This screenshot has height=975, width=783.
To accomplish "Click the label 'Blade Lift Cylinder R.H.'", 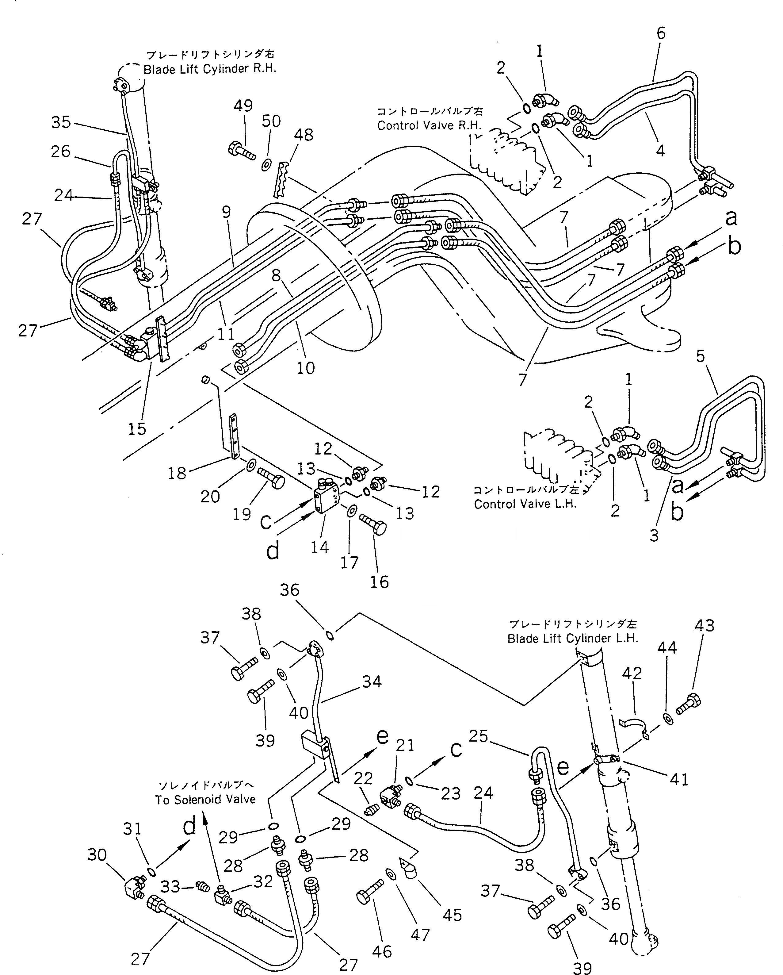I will click(209, 70).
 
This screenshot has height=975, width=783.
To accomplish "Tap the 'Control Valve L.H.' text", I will click(525, 504).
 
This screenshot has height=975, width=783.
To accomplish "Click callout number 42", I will click(632, 686).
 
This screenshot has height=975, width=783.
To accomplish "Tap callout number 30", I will click(97, 855).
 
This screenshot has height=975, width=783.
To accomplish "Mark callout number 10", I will click(306, 368).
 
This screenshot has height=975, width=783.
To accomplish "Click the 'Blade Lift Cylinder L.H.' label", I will click(573, 638).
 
